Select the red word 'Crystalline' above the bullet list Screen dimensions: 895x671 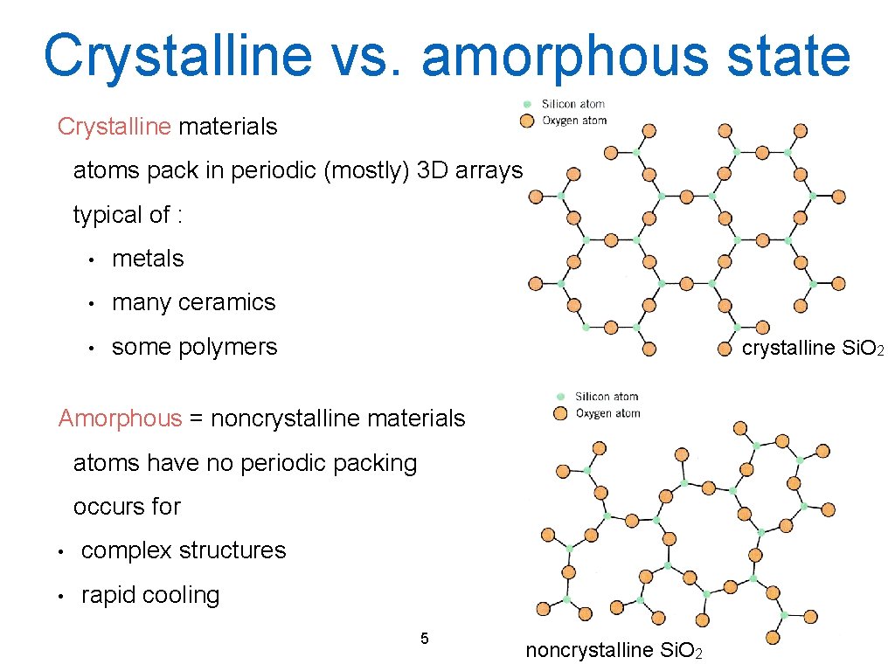pos(114,127)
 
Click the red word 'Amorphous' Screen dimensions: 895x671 pos(120,419)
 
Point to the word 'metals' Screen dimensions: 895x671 pos(148,259)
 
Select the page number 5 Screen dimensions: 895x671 pos(424,638)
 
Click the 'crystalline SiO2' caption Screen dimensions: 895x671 pos(813,349)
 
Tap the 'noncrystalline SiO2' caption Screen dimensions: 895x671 pos(613,650)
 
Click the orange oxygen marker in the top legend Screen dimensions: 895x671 pos(527,121)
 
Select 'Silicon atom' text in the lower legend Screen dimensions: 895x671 pos(607,397)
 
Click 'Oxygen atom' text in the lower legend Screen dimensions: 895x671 pos(607,413)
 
